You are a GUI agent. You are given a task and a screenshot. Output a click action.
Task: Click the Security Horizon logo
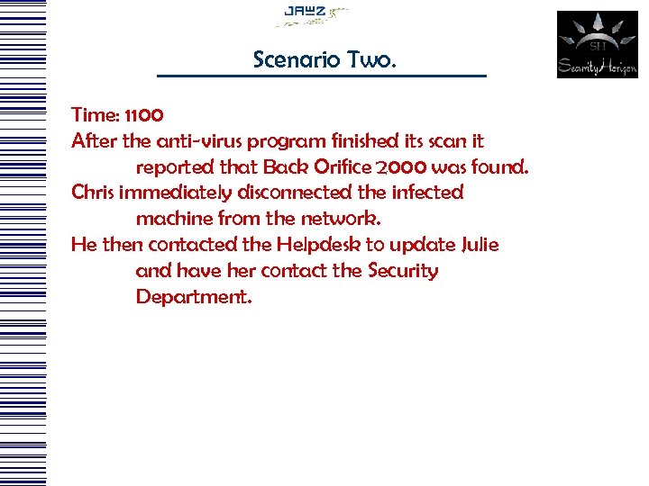597,44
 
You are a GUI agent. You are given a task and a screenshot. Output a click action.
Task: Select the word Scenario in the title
292,59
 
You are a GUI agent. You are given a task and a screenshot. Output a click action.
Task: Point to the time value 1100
144,115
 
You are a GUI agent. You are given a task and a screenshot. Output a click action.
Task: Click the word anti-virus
197,141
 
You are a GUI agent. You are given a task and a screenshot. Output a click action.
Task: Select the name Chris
93,193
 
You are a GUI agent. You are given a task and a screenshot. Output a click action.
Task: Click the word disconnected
293,193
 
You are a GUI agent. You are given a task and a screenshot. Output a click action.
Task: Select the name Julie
480,245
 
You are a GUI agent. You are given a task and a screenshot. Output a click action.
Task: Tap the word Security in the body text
403,271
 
